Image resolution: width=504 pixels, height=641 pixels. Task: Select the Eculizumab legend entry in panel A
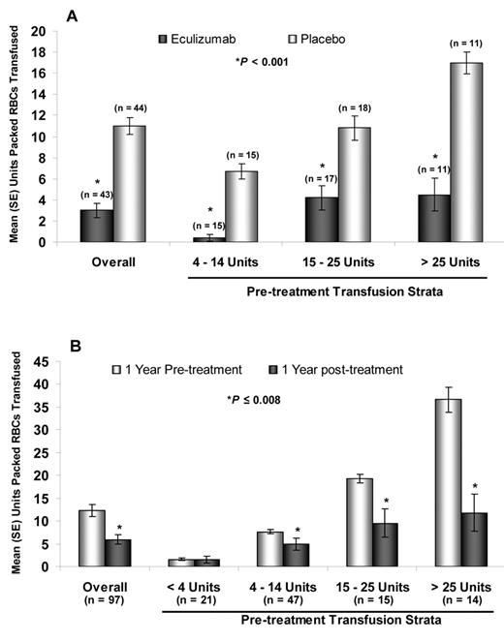[193, 39]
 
